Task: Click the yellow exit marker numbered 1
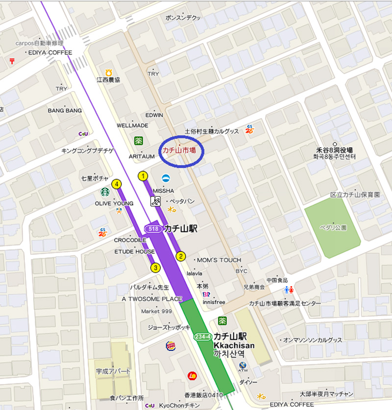144,175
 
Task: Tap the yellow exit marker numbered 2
181,256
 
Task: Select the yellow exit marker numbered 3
156,267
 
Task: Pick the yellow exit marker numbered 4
116,184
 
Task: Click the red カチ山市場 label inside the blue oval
179,151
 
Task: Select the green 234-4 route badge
202,337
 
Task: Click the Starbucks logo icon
104,192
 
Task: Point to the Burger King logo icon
171,346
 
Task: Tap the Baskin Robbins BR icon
206,294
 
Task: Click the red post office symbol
12,61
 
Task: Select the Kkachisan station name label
234,345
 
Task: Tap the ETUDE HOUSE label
134,252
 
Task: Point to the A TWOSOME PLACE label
151,299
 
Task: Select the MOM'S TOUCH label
219,260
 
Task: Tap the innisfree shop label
214,302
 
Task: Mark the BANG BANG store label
65,111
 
